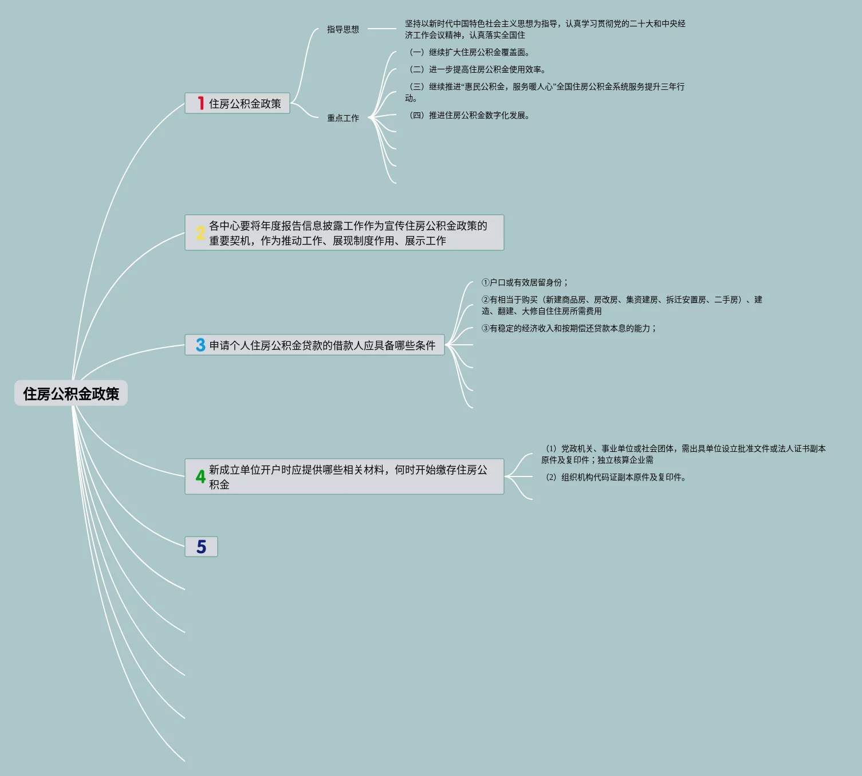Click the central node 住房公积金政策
tap(71, 393)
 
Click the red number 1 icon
tap(200, 103)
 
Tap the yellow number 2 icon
tap(200, 233)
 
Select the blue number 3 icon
tap(200, 345)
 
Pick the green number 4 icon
tap(200, 476)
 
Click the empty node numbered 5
tap(201, 547)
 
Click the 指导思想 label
tap(343, 29)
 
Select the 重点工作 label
tap(343, 118)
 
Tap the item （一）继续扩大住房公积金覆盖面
tap(469, 52)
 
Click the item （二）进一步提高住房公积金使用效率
tap(477, 69)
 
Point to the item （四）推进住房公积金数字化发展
tap(469, 115)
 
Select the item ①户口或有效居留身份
tap(525, 282)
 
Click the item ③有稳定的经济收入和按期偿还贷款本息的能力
tap(569, 328)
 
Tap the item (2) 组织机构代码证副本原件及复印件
tap(616, 477)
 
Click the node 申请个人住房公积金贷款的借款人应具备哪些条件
tap(322, 345)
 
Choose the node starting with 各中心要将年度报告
tap(348, 233)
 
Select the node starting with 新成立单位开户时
tap(348, 476)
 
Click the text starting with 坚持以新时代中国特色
tap(545, 29)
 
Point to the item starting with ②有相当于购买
tap(621, 305)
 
